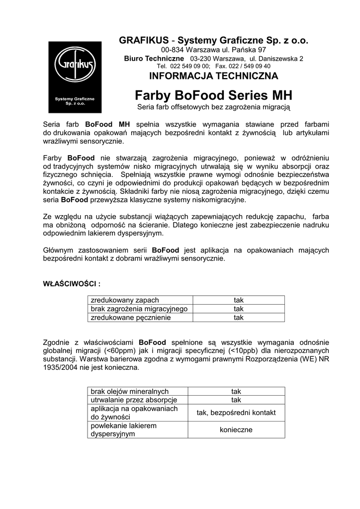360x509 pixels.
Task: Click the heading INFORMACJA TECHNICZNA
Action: (213, 76)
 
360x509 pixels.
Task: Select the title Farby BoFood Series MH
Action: (213, 94)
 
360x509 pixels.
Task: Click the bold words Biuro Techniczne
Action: (154, 58)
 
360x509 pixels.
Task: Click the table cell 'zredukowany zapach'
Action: (124, 300)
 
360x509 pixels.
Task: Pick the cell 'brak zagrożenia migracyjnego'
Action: (139, 309)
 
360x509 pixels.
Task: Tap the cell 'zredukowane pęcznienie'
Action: (130, 318)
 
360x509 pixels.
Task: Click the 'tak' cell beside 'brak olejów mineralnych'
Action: (236, 391)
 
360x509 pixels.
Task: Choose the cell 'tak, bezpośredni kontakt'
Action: (236, 413)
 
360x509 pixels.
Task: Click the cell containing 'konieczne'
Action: (236, 429)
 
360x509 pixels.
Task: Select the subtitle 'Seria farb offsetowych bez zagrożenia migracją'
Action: (213, 107)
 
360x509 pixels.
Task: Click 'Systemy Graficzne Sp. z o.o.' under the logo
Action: (75, 101)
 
